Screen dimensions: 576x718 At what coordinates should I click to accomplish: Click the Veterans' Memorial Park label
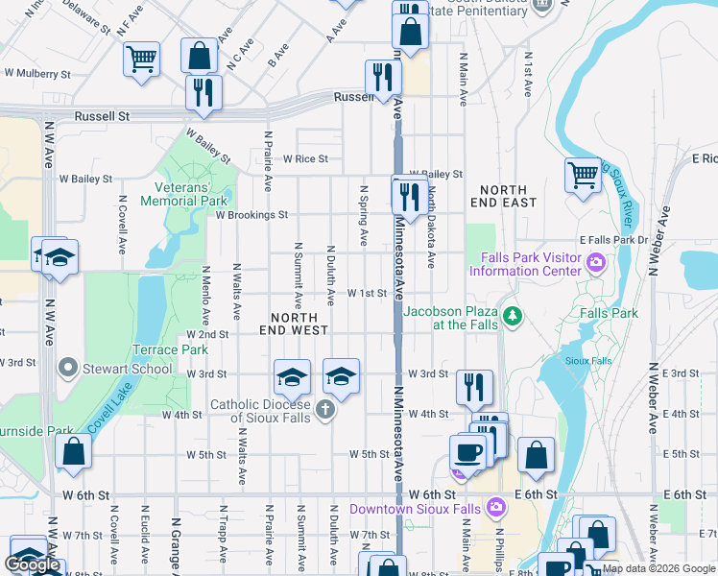(183, 194)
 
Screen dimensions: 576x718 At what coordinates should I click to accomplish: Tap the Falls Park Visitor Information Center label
(527, 264)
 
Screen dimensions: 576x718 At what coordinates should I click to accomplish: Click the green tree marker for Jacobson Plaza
(513, 315)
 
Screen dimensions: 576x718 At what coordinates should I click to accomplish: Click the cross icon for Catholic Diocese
(325, 411)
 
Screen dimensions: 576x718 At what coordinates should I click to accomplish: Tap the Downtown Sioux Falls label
(418, 508)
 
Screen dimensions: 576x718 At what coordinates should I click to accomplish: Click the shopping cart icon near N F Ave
(141, 59)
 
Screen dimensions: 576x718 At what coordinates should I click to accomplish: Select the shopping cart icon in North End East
(583, 174)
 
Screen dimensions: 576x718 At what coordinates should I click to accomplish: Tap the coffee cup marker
(467, 450)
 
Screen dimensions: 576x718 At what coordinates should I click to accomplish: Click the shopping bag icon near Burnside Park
(73, 451)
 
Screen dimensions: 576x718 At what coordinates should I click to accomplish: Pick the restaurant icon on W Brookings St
(410, 197)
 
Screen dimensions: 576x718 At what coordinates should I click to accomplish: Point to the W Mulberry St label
(37, 73)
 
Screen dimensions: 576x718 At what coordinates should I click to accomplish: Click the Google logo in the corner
(33, 564)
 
